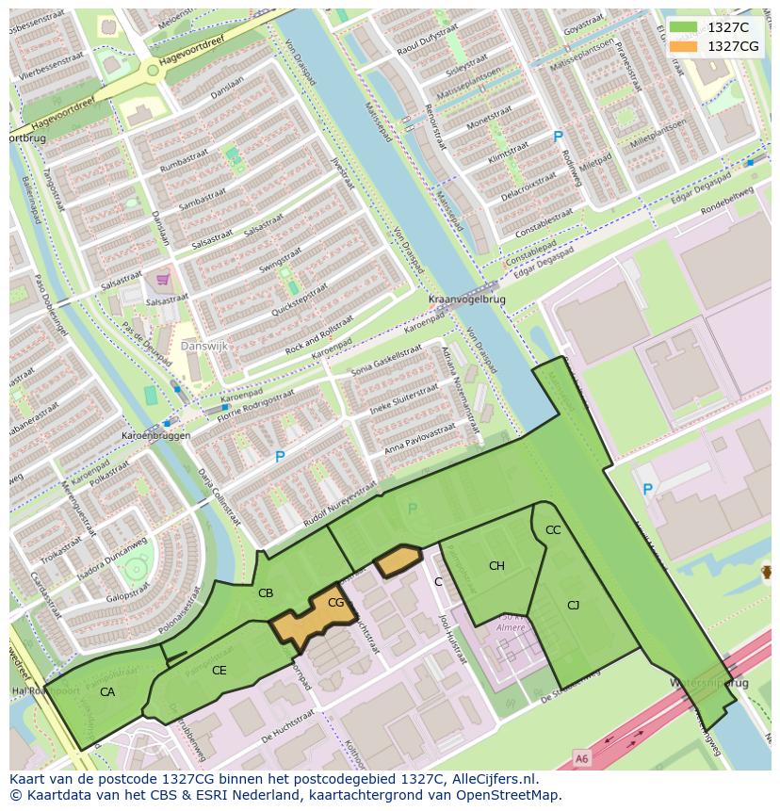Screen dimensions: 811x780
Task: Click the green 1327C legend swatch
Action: click(x=683, y=27)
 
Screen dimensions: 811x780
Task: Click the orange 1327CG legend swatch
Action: click(x=683, y=46)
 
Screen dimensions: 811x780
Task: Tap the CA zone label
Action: click(x=107, y=691)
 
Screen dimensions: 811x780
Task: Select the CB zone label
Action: click(x=266, y=592)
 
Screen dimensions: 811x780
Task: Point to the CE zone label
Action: click(x=219, y=671)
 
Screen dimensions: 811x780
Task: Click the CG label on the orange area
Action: click(x=335, y=603)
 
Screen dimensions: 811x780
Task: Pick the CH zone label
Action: click(x=496, y=565)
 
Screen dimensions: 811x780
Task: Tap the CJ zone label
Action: click(x=573, y=605)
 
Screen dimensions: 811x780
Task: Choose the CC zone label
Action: click(x=553, y=530)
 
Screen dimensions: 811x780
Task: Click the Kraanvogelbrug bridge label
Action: click(x=466, y=300)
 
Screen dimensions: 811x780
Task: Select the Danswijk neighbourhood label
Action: click(x=205, y=346)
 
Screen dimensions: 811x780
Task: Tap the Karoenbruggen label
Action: click(x=156, y=436)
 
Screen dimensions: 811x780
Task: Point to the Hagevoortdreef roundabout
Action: click(x=153, y=70)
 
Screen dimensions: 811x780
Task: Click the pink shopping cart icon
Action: click(x=163, y=279)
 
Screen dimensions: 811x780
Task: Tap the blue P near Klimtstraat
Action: click(x=558, y=137)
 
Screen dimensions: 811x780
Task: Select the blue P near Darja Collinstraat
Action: click(x=279, y=457)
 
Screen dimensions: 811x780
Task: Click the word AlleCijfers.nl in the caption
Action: click(x=490, y=779)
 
